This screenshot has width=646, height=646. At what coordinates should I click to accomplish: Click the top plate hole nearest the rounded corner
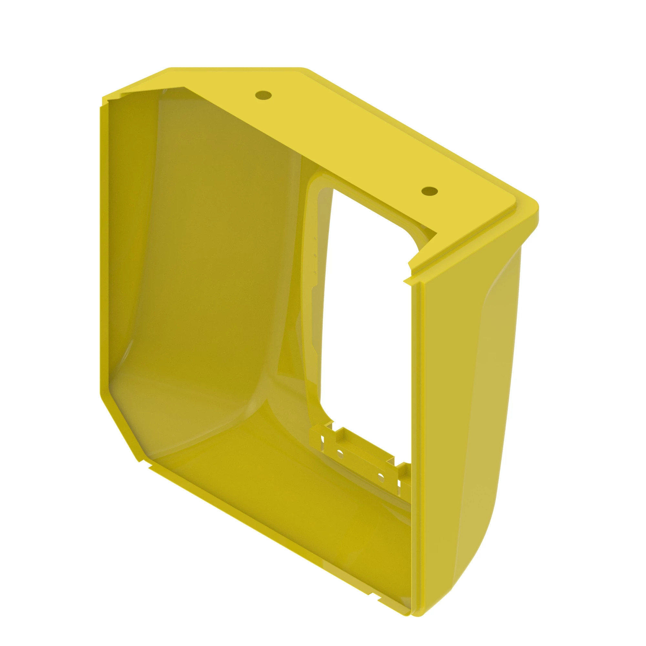click(429, 191)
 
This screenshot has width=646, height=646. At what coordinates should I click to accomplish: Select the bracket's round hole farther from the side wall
click(340, 454)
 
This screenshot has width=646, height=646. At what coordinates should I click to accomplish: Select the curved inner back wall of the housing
click(207, 267)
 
